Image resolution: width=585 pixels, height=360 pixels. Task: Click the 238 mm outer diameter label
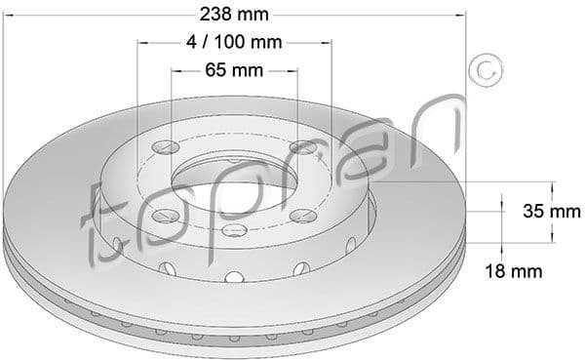(233, 14)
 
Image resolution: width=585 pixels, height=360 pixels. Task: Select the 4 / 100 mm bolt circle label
(233, 42)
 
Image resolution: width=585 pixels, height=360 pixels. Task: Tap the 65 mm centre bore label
(234, 70)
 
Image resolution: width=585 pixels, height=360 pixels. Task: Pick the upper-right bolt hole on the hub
(304, 147)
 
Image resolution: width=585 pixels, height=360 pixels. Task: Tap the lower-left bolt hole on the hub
(165, 215)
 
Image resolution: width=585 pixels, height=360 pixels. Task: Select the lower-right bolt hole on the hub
(303, 215)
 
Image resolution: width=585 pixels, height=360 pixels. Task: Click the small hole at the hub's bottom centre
(234, 231)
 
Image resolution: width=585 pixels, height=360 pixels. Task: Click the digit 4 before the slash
(190, 42)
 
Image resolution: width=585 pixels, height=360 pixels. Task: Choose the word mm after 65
(248, 70)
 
